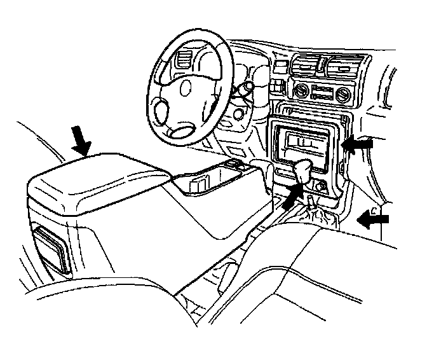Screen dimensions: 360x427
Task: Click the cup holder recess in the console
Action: (x=197, y=185)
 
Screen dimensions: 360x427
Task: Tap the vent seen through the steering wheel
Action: (x=184, y=64)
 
